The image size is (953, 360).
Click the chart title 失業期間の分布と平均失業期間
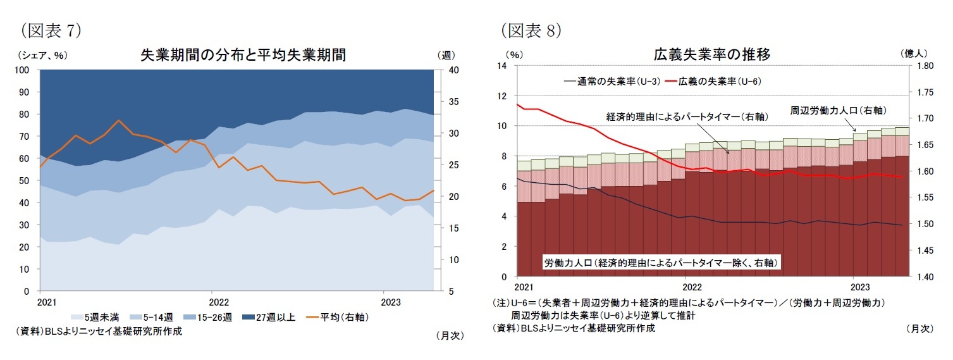pyautogui.click(x=243, y=54)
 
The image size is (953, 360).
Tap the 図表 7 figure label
pyautogui.click(x=51, y=30)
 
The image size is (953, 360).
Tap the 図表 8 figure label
pyautogui.click(x=531, y=30)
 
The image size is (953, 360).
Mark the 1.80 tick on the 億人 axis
pyautogui.click(x=925, y=66)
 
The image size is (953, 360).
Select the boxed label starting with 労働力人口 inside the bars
pyautogui.click(x=660, y=261)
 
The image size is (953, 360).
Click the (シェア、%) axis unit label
pyautogui.click(x=42, y=55)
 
